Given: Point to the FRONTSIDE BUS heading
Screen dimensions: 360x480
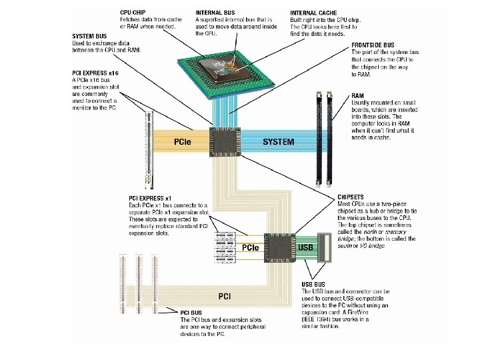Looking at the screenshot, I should (x=373, y=45).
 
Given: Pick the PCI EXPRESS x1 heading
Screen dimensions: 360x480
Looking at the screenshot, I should (x=150, y=198).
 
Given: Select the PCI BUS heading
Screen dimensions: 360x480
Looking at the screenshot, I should (x=193, y=311).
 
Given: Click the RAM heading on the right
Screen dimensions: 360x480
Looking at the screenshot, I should (x=359, y=96).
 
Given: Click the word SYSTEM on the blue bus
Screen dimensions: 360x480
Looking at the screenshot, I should (x=278, y=142).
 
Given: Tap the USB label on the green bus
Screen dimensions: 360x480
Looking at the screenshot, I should (x=305, y=247).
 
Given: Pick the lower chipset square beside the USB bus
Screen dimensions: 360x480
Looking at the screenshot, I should (x=279, y=247).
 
